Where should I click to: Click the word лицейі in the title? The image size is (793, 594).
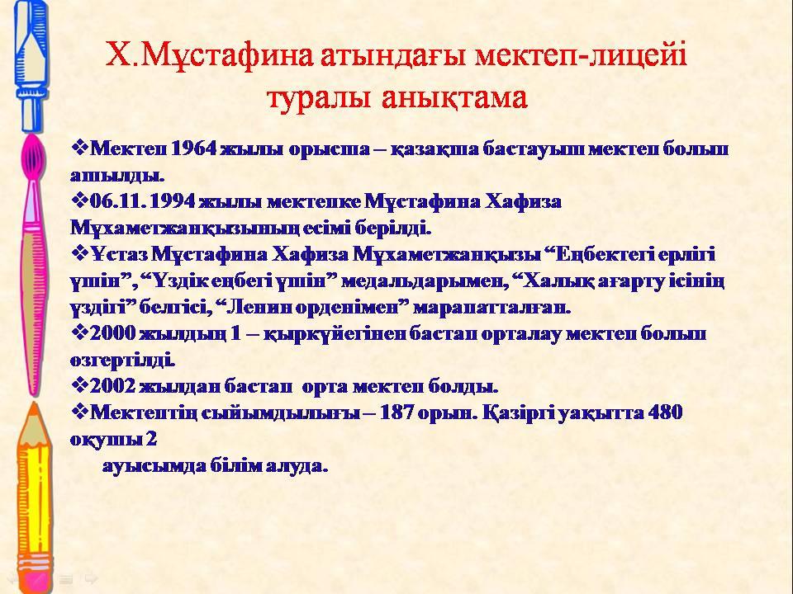(637, 56)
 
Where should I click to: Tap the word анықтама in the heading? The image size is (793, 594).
(454, 97)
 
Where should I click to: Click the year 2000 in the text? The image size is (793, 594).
(113, 334)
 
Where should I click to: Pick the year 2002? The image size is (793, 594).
(113, 386)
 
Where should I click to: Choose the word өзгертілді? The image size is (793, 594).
(122, 361)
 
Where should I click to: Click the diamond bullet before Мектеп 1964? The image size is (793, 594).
(79, 148)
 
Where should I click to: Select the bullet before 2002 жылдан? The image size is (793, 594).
(79, 385)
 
